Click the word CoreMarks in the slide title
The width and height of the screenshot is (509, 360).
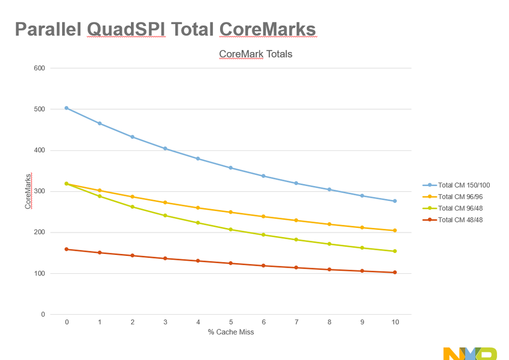[267, 30]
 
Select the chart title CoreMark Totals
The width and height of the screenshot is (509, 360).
[255, 54]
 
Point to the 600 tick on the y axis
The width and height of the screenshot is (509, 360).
[40, 68]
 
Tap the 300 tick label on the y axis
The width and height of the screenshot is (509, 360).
[40, 192]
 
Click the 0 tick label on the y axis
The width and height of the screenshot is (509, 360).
[43, 315]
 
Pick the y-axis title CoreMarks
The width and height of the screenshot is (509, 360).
[28, 191]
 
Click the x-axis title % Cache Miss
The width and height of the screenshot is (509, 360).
[230, 332]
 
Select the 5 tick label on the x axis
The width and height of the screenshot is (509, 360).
[231, 322]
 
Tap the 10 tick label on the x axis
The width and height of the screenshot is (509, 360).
[394, 322]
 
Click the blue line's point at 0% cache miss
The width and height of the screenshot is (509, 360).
[67, 108]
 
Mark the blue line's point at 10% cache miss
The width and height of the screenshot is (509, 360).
[395, 201]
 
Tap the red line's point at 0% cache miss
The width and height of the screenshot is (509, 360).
[67, 249]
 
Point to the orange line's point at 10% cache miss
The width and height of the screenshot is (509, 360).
[395, 230]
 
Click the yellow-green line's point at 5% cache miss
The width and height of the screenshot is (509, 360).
[231, 229]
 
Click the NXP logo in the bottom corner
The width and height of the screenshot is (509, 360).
[469, 354]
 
